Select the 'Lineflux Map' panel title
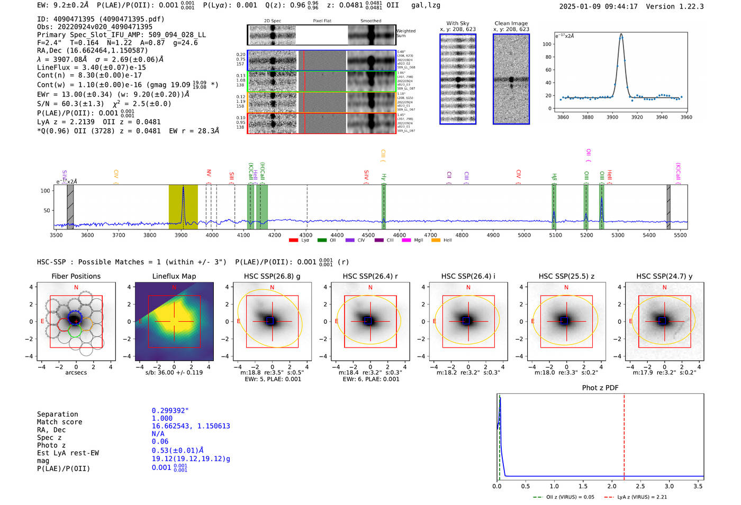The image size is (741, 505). (x=174, y=276)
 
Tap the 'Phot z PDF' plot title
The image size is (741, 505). (x=600, y=387)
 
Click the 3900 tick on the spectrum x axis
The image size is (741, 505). (x=181, y=235)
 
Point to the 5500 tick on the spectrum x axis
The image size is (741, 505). (x=680, y=235)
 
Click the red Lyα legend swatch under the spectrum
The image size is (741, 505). (x=293, y=240)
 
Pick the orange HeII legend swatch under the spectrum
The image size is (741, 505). (x=436, y=240)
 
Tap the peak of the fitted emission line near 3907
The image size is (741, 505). (x=621, y=34)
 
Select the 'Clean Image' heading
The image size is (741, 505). (x=511, y=23)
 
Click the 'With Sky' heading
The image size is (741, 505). (x=457, y=23)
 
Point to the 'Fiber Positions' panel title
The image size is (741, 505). (x=76, y=276)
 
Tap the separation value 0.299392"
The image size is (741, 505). (x=170, y=411)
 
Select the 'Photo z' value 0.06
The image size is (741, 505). (x=160, y=441)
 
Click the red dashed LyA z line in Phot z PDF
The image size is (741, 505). (x=624, y=435)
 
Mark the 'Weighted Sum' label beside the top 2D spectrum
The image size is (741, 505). (x=406, y=33)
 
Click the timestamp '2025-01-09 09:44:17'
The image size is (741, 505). (x=598, y=6)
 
